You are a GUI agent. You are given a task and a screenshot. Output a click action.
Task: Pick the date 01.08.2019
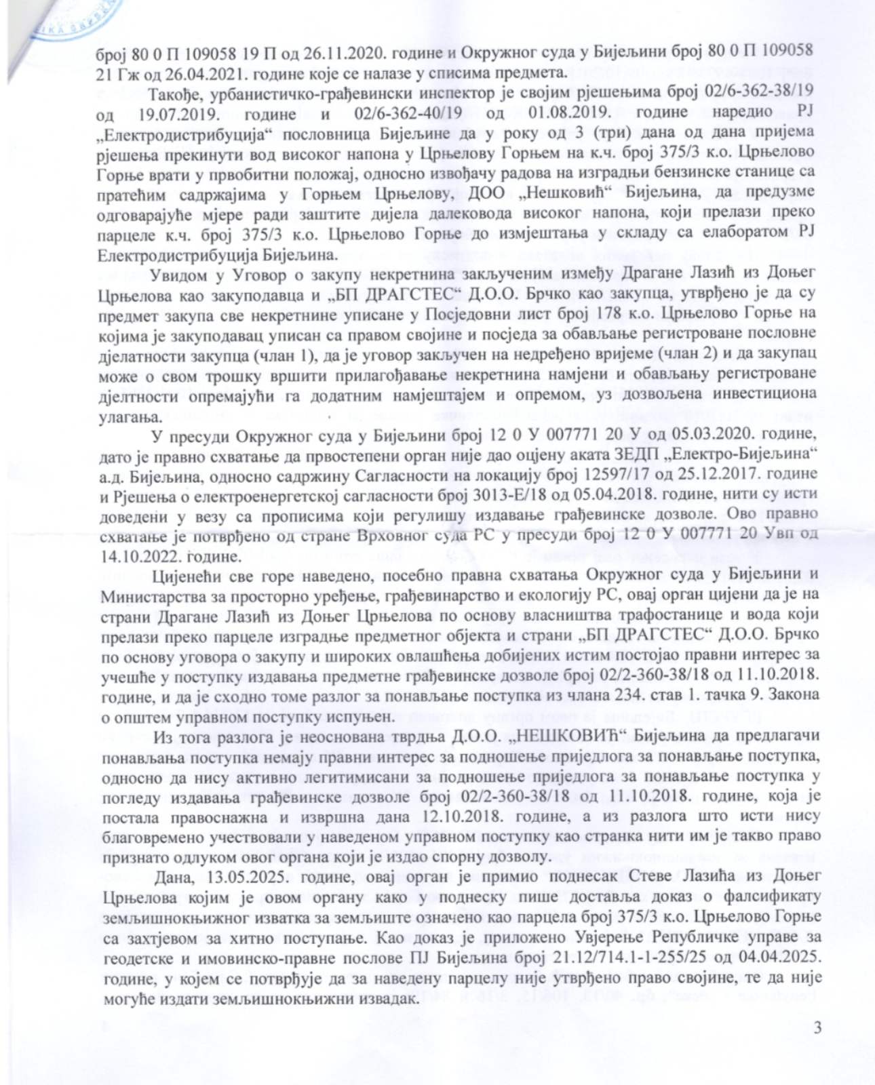point(589,111)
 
